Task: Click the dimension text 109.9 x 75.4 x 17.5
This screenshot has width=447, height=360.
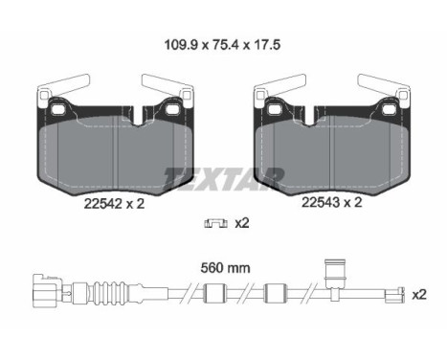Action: pyautogui.click(x=223, y=43)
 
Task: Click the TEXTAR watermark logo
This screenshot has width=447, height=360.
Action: pyautogui.click(x=223, y=176)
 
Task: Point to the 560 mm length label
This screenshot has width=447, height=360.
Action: pyautogui.click(x=222, y=268)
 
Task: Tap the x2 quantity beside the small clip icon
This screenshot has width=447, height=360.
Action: pyautogui.click(x=242, y=224)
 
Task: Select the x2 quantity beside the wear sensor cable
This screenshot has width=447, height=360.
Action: pyautogui.click(x=419, y=295)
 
